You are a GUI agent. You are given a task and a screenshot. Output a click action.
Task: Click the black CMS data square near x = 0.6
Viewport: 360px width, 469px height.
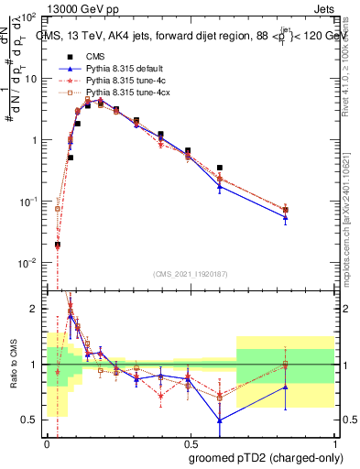click(220, 169)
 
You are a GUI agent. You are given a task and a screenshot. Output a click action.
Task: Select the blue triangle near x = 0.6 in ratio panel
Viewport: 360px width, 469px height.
click(220, 420)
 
